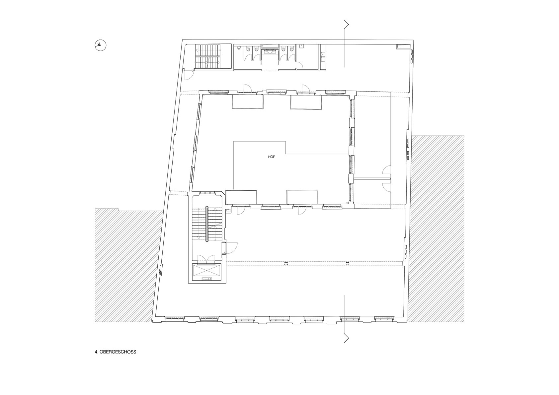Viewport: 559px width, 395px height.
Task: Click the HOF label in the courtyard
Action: (271, 157)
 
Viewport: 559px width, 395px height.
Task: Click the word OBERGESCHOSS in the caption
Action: (118, 352)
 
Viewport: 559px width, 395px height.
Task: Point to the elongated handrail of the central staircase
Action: (207, 224)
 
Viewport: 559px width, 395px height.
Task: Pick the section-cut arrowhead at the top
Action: (346, 24)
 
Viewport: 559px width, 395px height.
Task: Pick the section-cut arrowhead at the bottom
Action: (346, 338)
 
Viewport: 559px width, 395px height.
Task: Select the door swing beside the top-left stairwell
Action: (189, 75)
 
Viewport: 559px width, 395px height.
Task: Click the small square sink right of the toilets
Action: (301, 46)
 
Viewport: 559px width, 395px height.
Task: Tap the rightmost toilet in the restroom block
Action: (290, 50)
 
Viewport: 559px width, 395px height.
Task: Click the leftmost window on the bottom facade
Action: (175, 318)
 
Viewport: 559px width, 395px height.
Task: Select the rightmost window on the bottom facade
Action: (384, 318)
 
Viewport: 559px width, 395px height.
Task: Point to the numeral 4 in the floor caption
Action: (96, 352)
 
